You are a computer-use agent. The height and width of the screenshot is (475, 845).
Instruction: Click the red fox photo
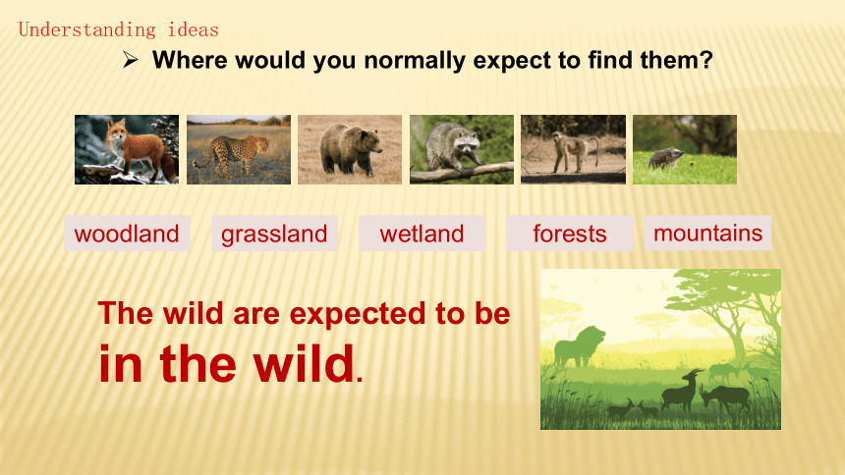click(127, 149)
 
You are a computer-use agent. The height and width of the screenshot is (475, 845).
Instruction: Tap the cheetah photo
click(239, 149)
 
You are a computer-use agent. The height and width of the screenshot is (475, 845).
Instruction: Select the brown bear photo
click(350, 149)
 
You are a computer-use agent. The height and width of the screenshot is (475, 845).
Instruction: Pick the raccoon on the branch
click(462, 149)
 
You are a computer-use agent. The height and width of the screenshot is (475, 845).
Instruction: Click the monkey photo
click(574, 149)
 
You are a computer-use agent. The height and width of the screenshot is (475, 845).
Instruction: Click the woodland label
click(127, 234)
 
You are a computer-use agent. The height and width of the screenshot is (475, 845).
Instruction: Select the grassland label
click(274, 234)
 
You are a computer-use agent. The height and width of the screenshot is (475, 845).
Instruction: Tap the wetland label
click(422, 234)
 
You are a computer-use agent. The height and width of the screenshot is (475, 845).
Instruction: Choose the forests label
click(570, 234)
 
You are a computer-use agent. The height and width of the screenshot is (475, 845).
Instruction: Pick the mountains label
click(707, 234)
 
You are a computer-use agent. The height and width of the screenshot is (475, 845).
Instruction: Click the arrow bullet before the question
click(130, 59)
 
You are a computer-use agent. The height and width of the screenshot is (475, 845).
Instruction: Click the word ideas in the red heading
click(193, 29)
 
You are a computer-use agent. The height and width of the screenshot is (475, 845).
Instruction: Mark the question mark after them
click(706, 59)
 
